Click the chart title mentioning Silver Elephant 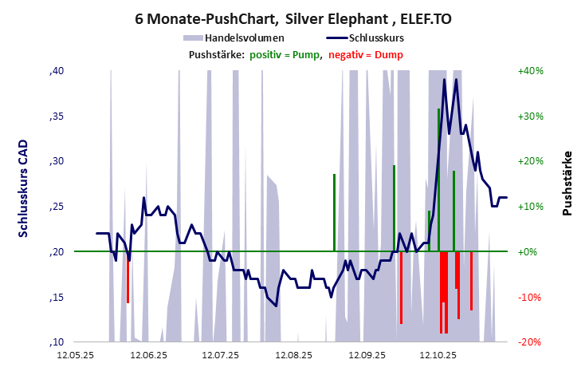coord(292,18)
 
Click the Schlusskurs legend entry coord(367,38)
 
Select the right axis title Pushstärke coord(567,183)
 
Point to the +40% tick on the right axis coord(530,71)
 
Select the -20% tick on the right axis coord(530,342)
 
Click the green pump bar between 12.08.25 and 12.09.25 coord(334,212)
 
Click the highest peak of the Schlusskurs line coord(456,79)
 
